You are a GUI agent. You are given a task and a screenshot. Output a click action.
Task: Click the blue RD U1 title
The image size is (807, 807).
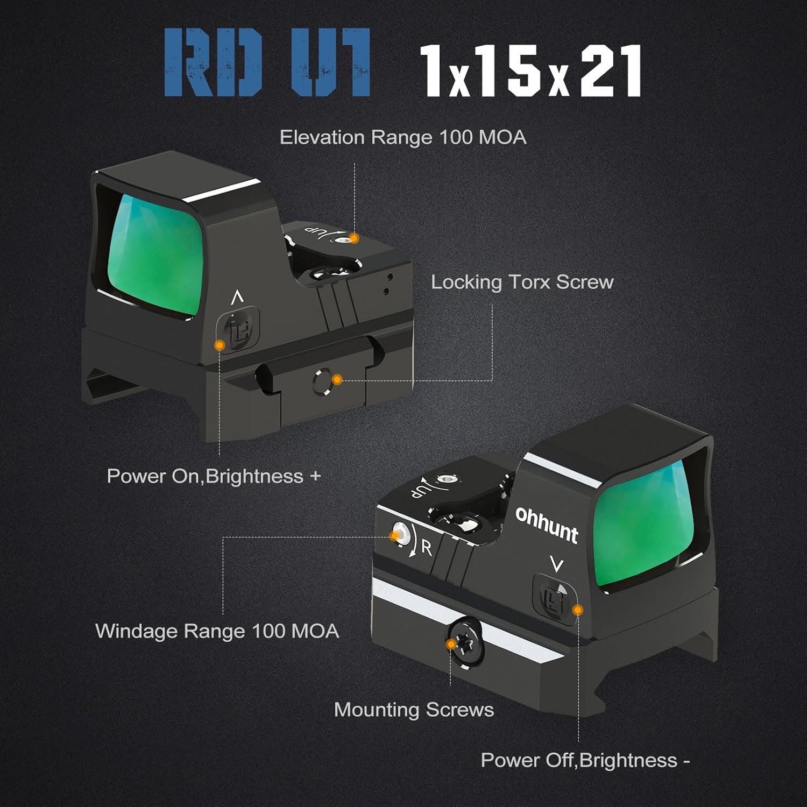(x=267, y=62)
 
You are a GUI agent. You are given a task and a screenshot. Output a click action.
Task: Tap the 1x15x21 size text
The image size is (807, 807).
(x=530, y=70)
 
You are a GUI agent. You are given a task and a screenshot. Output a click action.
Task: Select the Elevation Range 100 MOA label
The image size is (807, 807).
(x=403, y=138)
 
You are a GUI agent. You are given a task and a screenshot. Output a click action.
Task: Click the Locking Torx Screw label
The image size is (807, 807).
(x=522, y=282)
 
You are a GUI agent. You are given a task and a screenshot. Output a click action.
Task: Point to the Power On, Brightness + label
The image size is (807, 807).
(x=214, y=476)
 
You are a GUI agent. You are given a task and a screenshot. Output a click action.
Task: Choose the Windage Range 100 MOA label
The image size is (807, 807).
(x=217, y=631)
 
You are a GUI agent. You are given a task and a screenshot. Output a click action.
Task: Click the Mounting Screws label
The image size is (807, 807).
(x=414, y=710)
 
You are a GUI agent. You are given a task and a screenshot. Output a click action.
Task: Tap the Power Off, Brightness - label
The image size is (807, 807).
(x=585, y=760)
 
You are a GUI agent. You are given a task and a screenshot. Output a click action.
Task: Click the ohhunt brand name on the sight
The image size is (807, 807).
(x=547, y=523)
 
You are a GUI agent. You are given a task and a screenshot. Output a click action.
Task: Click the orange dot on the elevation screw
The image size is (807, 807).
(x=353, y=238)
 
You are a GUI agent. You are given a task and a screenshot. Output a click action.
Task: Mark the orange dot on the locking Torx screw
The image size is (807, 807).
(x=337, y=380)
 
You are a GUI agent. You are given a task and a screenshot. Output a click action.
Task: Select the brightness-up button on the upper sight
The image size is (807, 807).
(x=238, y=329)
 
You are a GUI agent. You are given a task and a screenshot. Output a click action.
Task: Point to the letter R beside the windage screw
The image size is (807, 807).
(x=427, y=548)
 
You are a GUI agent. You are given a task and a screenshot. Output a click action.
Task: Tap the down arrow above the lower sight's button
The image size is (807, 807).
(x=557, y=565)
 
